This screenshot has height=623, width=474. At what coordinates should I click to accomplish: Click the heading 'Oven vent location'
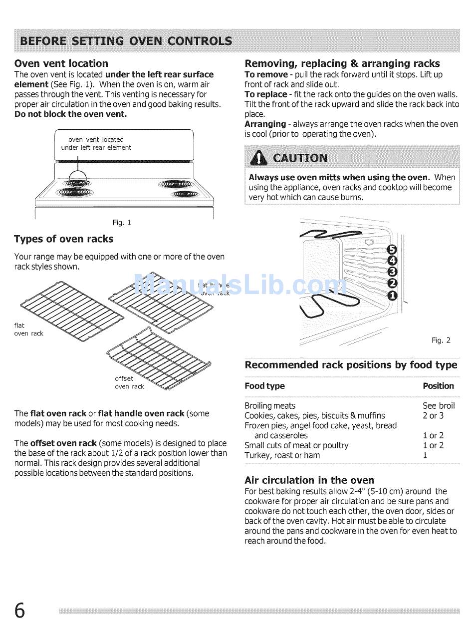61,63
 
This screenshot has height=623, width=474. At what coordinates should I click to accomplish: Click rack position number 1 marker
393,296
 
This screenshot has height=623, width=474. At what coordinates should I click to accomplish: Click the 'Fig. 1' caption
122,223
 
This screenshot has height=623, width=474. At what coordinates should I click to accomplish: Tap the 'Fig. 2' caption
441,340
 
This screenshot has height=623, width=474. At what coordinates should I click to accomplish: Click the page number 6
19,611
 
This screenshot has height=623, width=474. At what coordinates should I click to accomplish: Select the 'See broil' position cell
439,406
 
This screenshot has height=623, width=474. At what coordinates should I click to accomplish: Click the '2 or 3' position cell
433,416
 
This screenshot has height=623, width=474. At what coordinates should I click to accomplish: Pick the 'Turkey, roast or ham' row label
282,455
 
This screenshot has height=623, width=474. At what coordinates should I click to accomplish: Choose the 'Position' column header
438,386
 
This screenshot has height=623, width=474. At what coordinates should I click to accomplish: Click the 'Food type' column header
264,386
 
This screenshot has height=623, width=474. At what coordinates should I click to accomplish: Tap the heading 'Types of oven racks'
63,239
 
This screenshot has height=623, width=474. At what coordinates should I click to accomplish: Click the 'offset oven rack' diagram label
129,382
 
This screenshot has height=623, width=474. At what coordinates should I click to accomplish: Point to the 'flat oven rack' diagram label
28,329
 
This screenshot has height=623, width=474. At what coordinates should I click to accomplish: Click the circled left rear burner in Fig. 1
77,178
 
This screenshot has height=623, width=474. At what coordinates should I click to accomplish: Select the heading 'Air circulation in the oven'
309,480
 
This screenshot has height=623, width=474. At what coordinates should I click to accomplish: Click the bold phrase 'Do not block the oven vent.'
70,114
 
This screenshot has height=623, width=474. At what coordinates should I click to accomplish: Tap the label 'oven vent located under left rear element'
96,144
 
